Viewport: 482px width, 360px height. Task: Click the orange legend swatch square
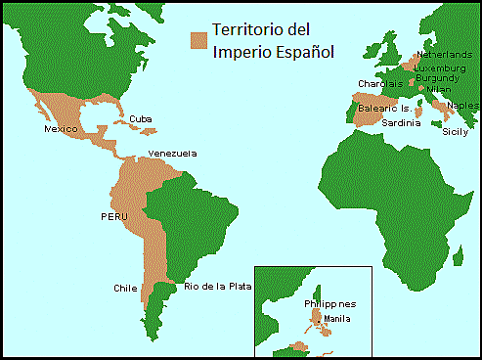pyautogui.click(x=199, y=39)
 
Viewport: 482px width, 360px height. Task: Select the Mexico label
pyautogui.click(x=61, y=129)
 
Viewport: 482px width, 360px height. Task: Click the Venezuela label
pyautogui.click(x=172, y=154)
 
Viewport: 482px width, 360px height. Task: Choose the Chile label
pyautogui.click(x=125, y=289)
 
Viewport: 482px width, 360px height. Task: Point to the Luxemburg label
pyautogui.click(x=440, y=67)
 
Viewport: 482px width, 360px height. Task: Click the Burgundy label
pyautogui.click(x=436, y=78)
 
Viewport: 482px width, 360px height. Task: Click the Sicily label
pyautogui.click(x=456, y=130)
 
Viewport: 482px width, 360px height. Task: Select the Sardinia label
pyautogui.click(x=401, y=123)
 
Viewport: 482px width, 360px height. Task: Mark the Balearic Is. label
pyautogui.click(x=384, y=108)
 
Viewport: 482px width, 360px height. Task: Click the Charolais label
pyautogui.click(x=380, y=83)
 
